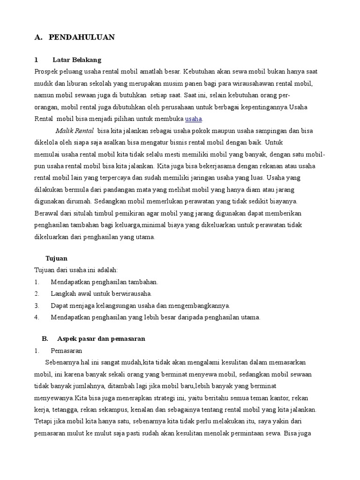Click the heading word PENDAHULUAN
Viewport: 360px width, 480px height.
pos(82,37)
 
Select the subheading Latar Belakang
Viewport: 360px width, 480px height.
pos(77,60)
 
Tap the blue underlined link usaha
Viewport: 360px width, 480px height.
pos(194,119)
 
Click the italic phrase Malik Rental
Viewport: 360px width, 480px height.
pos(75,130)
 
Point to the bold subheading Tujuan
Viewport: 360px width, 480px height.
pos(56,258)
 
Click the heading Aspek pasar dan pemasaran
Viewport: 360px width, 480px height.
pos(101,338)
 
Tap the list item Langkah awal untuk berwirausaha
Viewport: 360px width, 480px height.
pos(101,294)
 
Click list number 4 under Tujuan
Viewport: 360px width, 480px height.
pos(37,317)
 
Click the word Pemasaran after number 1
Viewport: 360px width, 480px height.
pos(66,351)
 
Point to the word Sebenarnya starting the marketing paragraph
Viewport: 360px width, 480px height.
pos(61,362)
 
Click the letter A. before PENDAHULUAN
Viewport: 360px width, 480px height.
pos(38,37)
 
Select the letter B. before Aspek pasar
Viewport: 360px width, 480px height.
pos(45,338)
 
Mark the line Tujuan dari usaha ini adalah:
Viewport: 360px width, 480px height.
pos(76,270)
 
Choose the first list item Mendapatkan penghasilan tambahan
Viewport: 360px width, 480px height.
pos(105,282)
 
